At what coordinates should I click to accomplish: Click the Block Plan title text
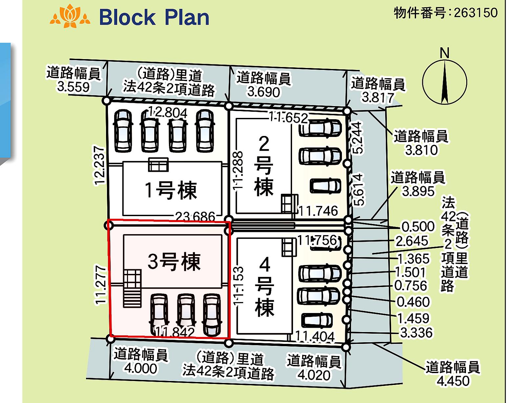point(154,17)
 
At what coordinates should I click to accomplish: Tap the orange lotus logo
point(70,16)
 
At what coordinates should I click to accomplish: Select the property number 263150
point(476,12)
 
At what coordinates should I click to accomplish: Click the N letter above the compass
point(445,53)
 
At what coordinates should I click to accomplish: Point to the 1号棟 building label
point(171,190)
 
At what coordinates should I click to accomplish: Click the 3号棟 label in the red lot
point(174,261)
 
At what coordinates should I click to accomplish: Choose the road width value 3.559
point(73,87)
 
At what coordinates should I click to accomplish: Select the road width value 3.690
point(263,92)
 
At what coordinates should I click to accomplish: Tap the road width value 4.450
point(453,381)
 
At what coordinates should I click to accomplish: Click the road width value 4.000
point(140,368)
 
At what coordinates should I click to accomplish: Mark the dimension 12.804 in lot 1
point(168,113)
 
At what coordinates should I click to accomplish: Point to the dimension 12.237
point(99,166)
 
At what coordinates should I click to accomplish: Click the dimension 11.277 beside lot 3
point(100,285)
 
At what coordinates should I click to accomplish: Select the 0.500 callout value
point(418,227)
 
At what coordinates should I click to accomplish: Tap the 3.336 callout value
point(416,333)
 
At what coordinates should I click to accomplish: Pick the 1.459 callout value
point(413,318)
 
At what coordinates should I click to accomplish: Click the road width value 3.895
point(418,191)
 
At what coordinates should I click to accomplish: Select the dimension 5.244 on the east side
point(357,138)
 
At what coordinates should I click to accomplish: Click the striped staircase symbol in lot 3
point(132,289)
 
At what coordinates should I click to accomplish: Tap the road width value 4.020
point(314,375)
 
